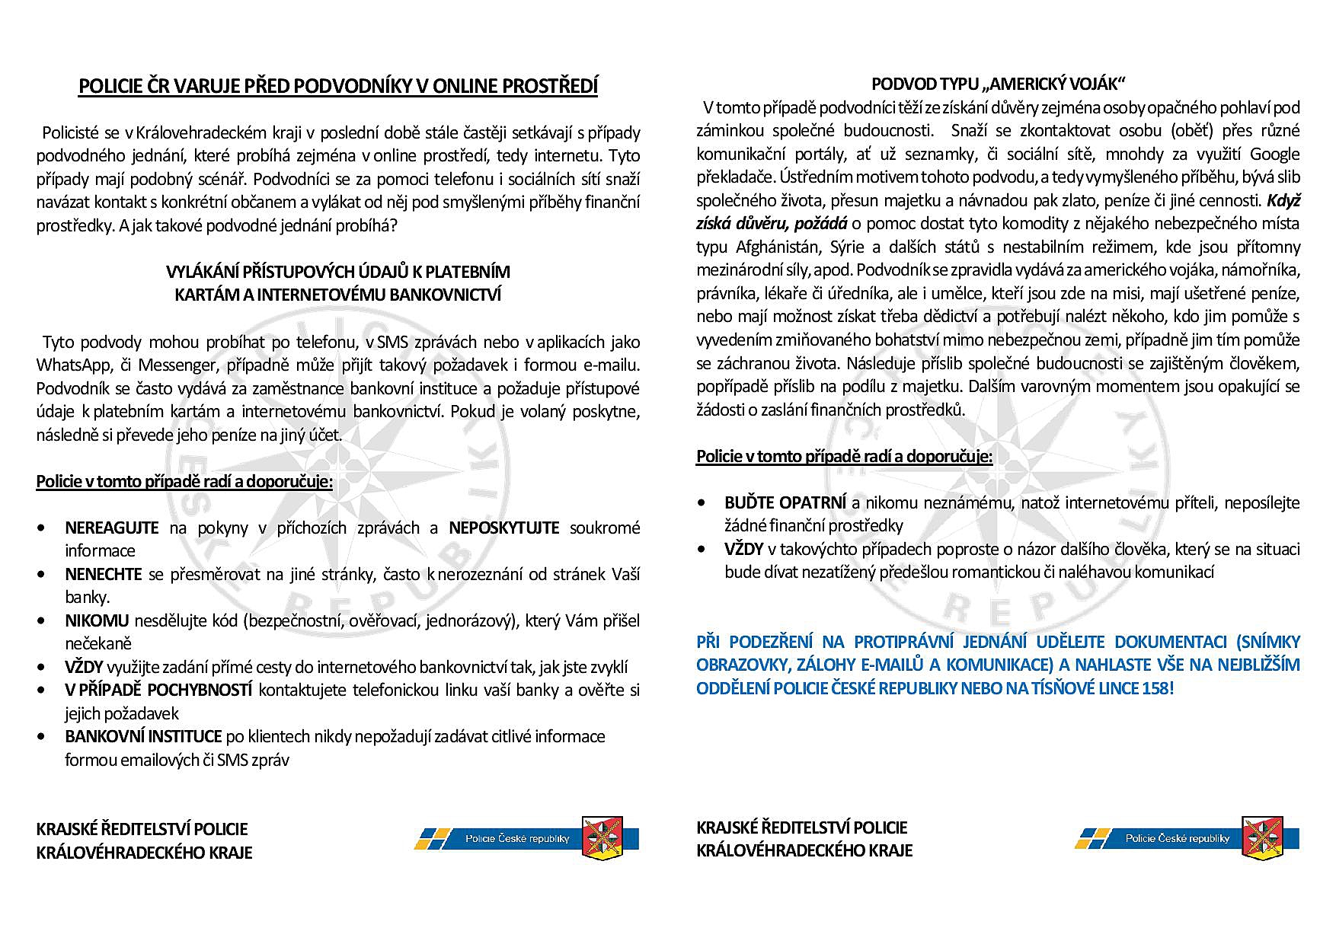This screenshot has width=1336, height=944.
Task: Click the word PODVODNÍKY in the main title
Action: click(x=350, y=87)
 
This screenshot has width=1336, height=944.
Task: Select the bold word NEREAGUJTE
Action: click(x=112, y=528)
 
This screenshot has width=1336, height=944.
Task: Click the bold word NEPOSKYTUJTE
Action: click(x=503, y=528)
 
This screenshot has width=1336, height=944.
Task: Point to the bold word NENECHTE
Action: click(x=104, y=574)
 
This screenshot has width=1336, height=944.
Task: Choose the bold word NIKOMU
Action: click(x=97, y=621)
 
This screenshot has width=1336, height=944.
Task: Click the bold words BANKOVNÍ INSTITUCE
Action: click(x=143, y=737)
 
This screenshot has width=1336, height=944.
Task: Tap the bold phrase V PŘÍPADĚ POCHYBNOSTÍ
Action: click(x=158, y=690)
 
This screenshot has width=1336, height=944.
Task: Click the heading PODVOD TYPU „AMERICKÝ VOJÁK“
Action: click(x=998, y=84)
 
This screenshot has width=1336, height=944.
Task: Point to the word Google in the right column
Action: click(x=1274, y=155)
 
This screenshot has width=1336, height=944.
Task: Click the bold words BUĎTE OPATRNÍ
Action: click(x=785, y=503)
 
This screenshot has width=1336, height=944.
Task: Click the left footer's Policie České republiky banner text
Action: click(x=517, y=839)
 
